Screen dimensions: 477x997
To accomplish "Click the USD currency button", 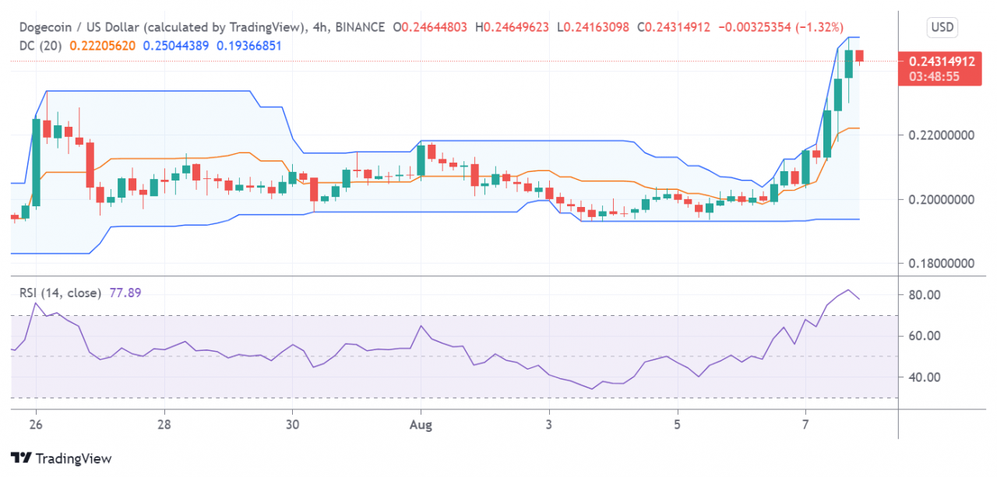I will click(x=942, y=28).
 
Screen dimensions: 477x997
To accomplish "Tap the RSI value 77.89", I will click(x=125, y=293).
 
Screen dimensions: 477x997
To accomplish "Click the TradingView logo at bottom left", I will click(x=61, y=458).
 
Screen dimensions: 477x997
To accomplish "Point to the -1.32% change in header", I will click(x=819, y=27).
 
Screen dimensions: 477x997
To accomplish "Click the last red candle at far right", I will click(x=860, y=55).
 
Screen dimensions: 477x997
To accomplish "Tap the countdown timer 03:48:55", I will click(x=939, y=76).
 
